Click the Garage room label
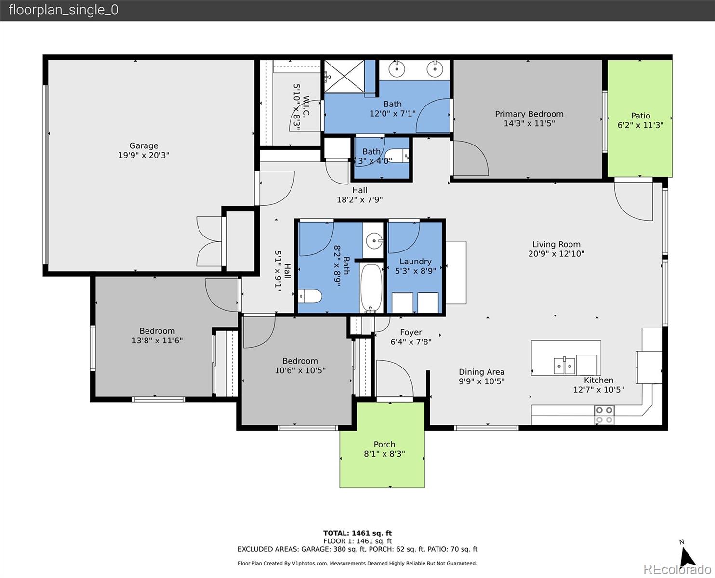click(144, 145)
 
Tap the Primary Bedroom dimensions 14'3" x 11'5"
click(529, 123)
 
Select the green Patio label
click(640, 116)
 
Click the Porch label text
click(384, 444)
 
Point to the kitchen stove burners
click(604, 415)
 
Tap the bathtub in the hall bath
click(371, 288)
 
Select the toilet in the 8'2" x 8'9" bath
click(309, 296)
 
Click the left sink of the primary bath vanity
click(397, 69)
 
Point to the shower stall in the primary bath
click(344, 76)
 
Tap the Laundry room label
click(415, 262)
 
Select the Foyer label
click(410, 332)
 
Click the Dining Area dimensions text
click(481, 381)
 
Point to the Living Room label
click(556, 244)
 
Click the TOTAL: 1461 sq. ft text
click(357, 533)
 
